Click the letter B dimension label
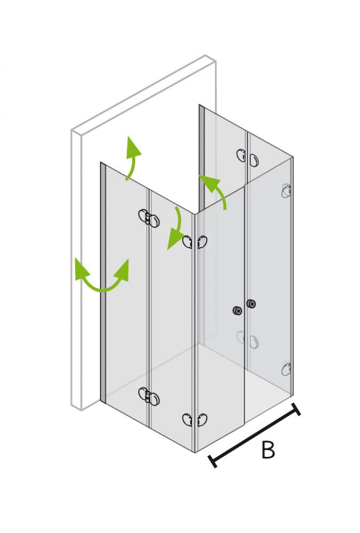click(268, 449)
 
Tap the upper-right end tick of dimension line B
click(296, 409)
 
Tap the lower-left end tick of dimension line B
click(212, 461)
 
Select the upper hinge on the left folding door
click(149, 218)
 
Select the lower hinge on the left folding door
click(149, 395)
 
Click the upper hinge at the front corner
click(195, 242)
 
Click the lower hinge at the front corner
click(195, 419)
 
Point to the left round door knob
click(236, 310)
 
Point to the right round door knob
click(251, 304)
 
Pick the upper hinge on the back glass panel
click(248, 157)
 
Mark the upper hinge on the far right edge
click(287, 191)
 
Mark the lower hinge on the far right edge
click(287, 369)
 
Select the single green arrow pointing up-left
click(214, 190)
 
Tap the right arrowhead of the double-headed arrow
click(122, 270)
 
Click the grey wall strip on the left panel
click(103, 282)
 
